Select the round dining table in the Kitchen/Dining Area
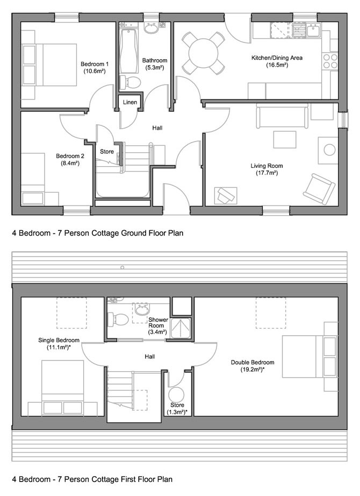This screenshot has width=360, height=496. [203, 53]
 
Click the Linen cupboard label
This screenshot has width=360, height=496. [130, 102]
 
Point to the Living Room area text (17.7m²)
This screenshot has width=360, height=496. [269, 173]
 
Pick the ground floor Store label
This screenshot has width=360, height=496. [107, 152]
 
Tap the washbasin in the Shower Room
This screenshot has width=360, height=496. [142, 310]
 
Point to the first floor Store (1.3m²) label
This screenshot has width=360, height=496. [177, 408]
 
